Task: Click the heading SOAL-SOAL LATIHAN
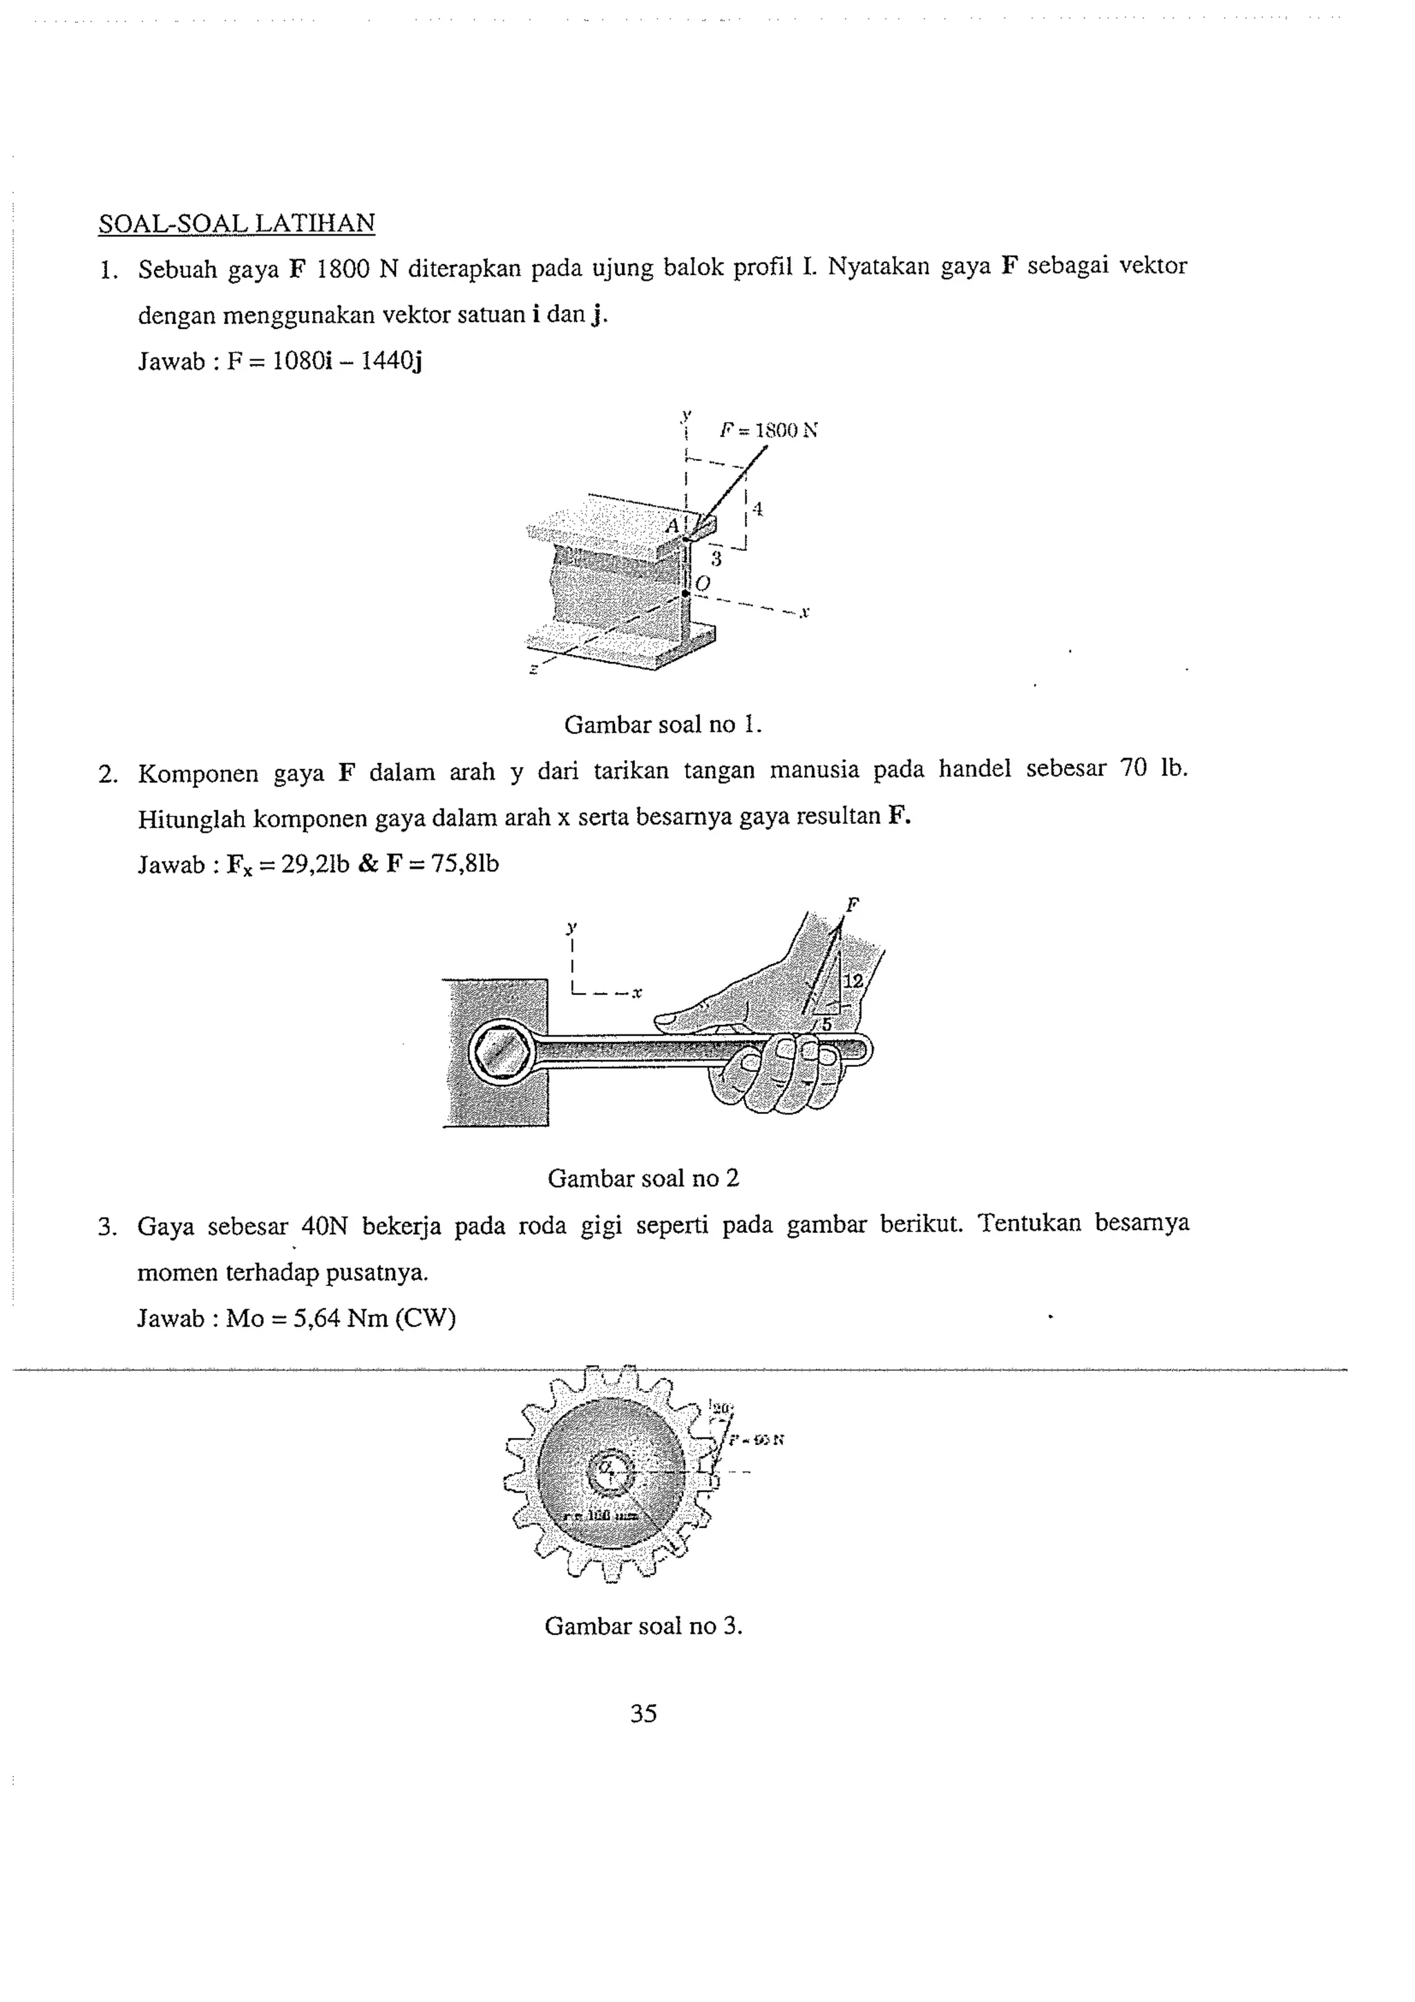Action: pos(236,223)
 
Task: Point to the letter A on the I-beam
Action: pos(672,527)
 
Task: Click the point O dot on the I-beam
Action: pos(685,593)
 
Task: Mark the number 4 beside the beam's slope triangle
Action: pos(759,509)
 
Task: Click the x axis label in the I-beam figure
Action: pos(805,613)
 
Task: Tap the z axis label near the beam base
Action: pos(533,670)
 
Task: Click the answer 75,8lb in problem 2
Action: pos(466,864)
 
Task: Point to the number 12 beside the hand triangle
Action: pos(853,981)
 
